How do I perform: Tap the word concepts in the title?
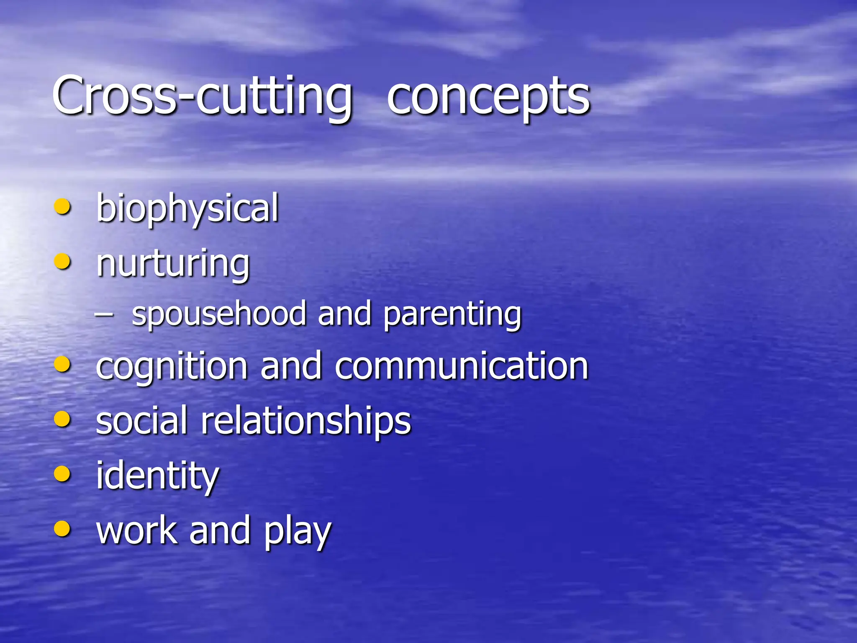click(x=488, y=97)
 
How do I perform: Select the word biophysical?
click(x=187, y=208)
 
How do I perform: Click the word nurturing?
click(x=173, y=264)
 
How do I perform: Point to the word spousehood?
click(x=219, y=314)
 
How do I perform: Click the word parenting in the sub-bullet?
click(x=452, y=315)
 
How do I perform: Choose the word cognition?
click(x=172, y=367)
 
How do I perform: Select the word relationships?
click(x=306, y=421)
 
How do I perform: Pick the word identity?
click(x=157, y=476)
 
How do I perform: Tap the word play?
click(x=298, y=532)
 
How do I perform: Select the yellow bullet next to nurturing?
click(x=62, y=262)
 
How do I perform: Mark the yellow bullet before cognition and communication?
click(x=62, y=364)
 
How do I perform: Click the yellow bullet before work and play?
click(x=62, y=528)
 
